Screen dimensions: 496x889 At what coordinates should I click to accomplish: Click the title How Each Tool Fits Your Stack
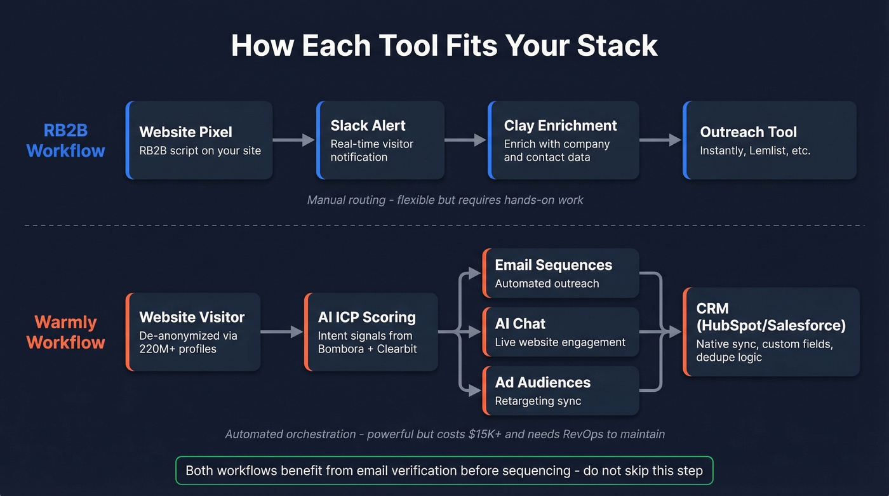444,46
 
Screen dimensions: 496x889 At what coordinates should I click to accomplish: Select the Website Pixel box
199,140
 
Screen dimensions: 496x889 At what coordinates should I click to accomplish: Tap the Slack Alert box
380,140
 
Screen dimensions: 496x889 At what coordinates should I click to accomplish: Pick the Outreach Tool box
770,140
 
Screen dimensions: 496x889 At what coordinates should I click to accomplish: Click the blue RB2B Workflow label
65,140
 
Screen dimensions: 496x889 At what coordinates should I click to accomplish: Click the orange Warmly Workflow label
65,332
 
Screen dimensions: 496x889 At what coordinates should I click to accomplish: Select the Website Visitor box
193,332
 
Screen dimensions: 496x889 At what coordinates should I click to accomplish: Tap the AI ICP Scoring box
371,332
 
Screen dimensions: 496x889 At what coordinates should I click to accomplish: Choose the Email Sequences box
560,273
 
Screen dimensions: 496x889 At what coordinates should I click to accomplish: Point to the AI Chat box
560,332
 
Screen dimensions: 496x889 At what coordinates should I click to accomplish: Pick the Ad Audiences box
560,391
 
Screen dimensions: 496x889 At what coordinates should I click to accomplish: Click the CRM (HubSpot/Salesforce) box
771,332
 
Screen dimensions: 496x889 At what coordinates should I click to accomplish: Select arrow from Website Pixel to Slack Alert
294,140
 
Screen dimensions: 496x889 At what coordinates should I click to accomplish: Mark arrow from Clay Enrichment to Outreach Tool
660,140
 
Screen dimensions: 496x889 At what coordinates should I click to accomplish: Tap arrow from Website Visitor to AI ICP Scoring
282,332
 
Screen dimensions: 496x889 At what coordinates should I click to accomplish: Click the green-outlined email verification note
444,471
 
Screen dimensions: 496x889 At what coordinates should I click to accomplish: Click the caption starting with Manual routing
444,200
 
